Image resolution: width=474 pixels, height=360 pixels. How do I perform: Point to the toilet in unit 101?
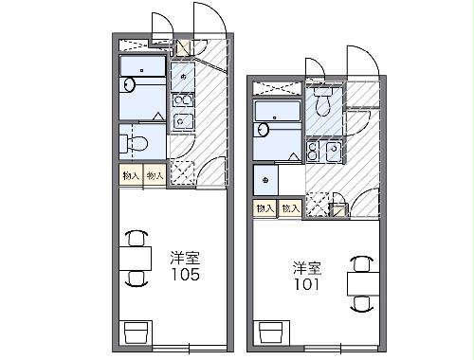pyautogui.click(x=324, y=100)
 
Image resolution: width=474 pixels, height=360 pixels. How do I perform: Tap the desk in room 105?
pyautogui.click(x=137, y=257)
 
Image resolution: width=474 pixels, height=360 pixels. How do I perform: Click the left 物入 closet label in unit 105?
pyautogui.click(x=131, y=175)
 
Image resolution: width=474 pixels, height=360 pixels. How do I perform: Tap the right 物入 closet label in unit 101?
pyautogui.click(x=289, y=207)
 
